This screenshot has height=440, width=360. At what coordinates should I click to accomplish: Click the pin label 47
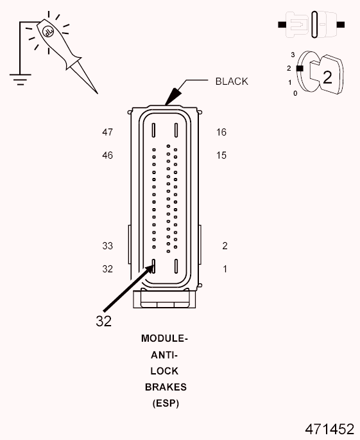pyautogui.click(x=107, y=132)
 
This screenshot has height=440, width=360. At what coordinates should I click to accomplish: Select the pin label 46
pyautogui.click(x=107, y=155)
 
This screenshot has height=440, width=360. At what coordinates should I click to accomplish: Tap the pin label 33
pyautogui.click(x=107, y=246)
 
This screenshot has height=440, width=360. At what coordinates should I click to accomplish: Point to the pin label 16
pyautogui.click(x=221, y=132)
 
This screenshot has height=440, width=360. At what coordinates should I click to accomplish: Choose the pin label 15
pyautogui.click(x=221, y=155)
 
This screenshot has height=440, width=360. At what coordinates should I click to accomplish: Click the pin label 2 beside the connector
pyautogui.click(x=225, y=246)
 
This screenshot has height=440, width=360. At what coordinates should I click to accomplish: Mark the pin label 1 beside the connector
pyautogui.click(x=225, y=269)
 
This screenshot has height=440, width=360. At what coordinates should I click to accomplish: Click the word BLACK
pyautogui.click(x=231, y=82)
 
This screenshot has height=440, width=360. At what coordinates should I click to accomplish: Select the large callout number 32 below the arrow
pyautogui.click(x=104, y=321)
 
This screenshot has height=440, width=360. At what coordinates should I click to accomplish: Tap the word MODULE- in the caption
pyautogui.click(x=165, y=338)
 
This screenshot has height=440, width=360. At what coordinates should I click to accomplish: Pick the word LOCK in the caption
pyautogui.click(x=165, y=371)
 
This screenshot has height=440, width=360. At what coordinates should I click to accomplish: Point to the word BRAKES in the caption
pyautogui.click(x=165, y=387)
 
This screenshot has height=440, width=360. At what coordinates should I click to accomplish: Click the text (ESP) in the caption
pyautogui.click(x=165, y=404)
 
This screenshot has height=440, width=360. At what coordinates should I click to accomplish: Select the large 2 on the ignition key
pyautogui.click(x=327, y=78)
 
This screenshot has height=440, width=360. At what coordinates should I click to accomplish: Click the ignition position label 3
pyautogui.click(x=293, y=55)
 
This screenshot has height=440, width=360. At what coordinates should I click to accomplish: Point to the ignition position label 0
pyautogui.click(x=295, y=94)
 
